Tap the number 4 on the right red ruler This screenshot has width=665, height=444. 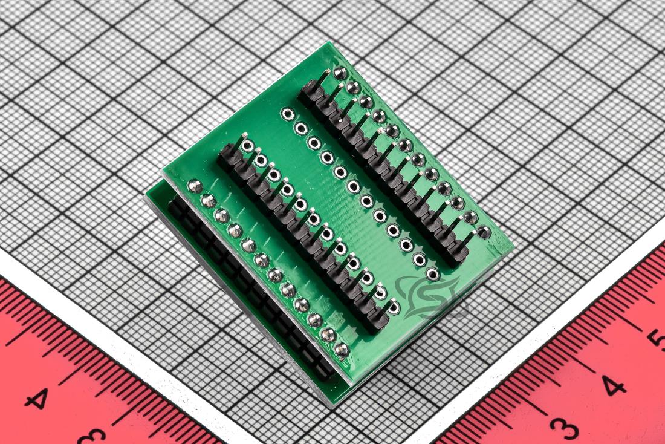(613, 385)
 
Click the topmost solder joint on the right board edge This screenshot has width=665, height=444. (340, 73)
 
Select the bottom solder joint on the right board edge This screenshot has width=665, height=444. (484, 232)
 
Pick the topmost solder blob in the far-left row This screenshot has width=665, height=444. (195, 186)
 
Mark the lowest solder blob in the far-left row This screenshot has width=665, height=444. (342, 350)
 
